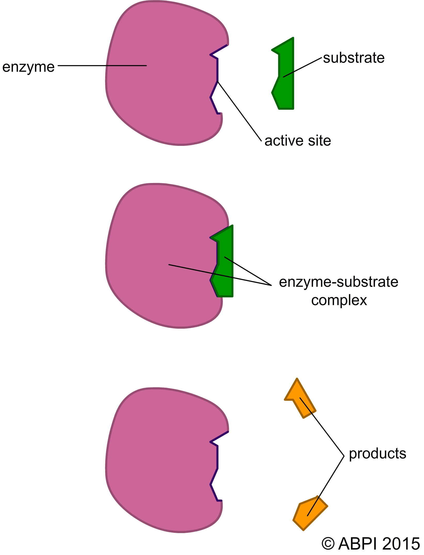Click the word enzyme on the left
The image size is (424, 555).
pos(28,67)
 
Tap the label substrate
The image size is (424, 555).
pos(354,58)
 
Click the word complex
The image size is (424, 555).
pos(339,300)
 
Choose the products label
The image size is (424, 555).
pos(377,454)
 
